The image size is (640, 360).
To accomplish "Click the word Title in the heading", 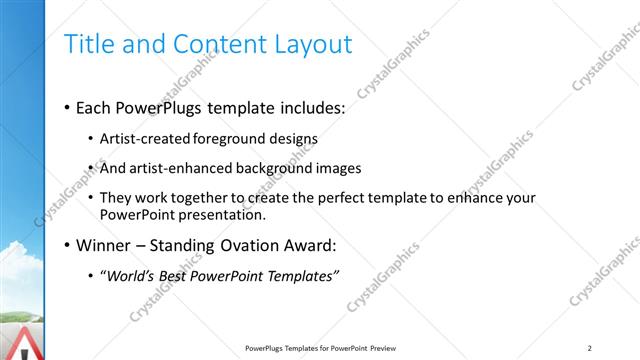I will click(x=86, y=44).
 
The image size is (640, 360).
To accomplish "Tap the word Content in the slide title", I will click(x=211, y=44).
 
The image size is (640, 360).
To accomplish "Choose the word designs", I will click(x=293, y=139).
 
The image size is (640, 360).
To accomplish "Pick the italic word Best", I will click(x=180, y=275).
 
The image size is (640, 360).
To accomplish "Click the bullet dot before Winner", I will click(x=66, y=246).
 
